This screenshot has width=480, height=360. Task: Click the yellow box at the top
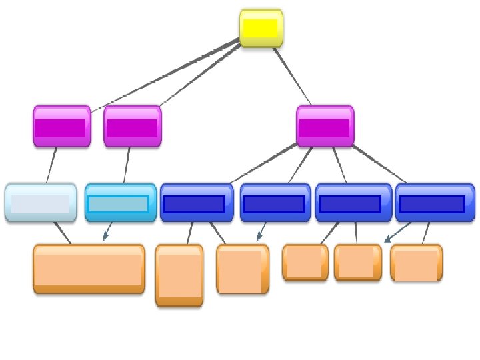coord(261,28)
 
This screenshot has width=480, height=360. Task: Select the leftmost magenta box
coord(61,126)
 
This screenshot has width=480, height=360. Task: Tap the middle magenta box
coord(132,126)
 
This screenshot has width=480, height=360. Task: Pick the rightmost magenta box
coord(325,126)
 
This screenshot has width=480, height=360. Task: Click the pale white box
coord(40,202)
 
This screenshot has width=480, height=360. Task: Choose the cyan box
coord(120,202)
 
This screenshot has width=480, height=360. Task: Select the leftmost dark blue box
coord(196,203)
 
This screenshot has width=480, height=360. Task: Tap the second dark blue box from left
coord(275,203)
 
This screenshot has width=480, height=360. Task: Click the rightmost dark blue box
coord(434,203)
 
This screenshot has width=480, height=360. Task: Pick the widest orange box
coord(89,268)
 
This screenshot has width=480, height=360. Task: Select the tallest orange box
coord(179,275)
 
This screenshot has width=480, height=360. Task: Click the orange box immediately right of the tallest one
coord(242,269)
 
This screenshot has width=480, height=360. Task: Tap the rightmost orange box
coord(416,263)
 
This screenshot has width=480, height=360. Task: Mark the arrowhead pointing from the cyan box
coord(105,237)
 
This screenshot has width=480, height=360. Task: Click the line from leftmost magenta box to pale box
coord(51,165)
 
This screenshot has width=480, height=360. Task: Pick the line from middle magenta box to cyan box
coord(127,165)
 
